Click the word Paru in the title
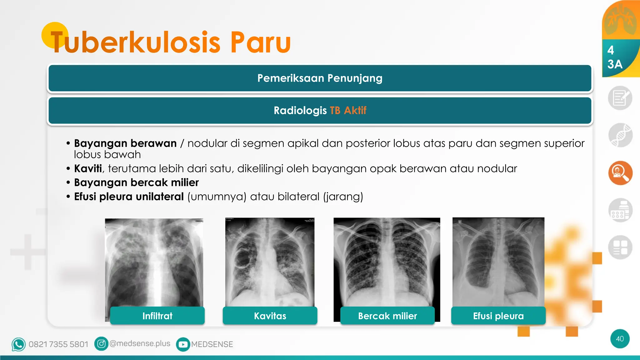pos(261,42)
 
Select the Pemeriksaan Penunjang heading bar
pos(320,78)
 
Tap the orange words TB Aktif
pos(348,110)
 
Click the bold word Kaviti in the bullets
pos(88,168)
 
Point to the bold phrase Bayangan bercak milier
pos(136,182)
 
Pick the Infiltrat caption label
pos(157,316)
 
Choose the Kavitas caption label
pos(270,316)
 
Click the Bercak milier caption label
pos(387,316)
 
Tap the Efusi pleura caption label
pos(498,316)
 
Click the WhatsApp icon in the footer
pos(18,344)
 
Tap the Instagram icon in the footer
pos(101,344)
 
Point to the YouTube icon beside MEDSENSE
pos(183,344)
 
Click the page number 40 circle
pos(620,339)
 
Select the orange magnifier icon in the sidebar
pos(620,173)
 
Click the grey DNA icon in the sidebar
pos(620,135)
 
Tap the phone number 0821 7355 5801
pos(58,344)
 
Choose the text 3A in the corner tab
pos(615,64)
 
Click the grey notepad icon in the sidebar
pos(620,98)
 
